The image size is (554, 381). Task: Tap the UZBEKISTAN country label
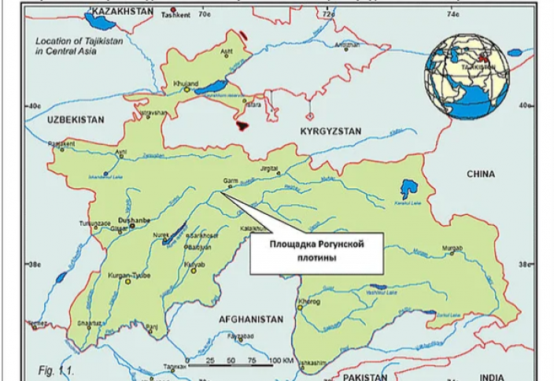point(74,118)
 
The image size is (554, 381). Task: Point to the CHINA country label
point(481,174)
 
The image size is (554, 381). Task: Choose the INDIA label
point(493,376)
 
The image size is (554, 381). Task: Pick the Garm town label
point(230,180)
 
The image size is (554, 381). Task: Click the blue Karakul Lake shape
point(407,189)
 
